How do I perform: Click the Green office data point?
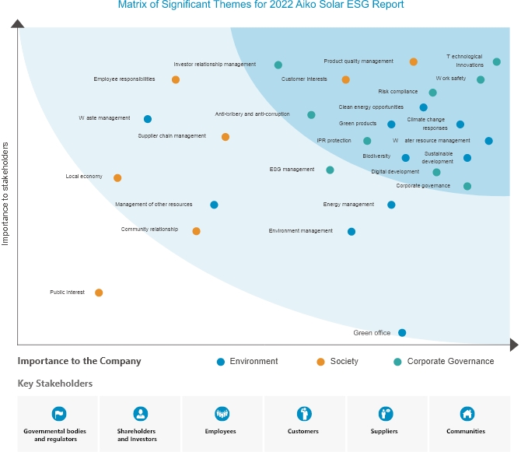[402, 333]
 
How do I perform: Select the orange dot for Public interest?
[99, 293]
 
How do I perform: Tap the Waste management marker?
[148, 119]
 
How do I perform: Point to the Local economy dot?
[117, 178]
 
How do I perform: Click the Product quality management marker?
[414, 61]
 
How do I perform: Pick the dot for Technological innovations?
[497, 61]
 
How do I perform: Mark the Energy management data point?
[391, 205]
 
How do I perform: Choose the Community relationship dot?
[196, 231]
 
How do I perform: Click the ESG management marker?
[330, 170]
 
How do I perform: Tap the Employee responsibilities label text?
[124, 79]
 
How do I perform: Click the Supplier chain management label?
[172, 136]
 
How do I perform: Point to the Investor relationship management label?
[220, 65]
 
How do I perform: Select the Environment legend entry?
[247, 361]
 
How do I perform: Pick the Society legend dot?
[320, 362]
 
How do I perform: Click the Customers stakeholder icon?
[303, 413]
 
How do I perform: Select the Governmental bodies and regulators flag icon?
[58, 413]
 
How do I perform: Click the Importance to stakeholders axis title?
[5, 193]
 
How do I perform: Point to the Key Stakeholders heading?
[55, 384]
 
